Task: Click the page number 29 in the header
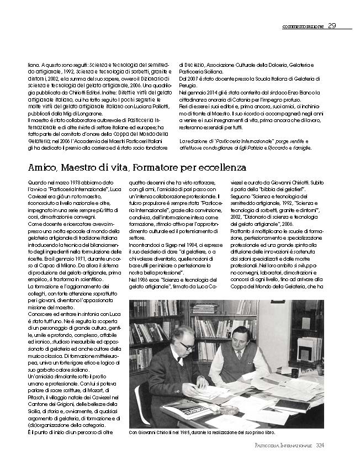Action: tap(332, 25)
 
